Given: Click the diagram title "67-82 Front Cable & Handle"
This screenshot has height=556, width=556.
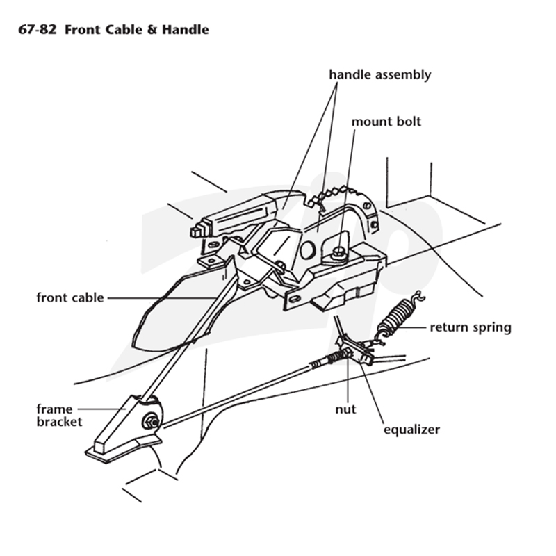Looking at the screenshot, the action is point(113,29).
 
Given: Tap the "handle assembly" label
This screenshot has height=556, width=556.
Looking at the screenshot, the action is point(380,74).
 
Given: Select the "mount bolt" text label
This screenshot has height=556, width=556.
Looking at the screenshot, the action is point(386,122).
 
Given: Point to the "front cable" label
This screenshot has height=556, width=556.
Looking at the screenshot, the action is point(70,297).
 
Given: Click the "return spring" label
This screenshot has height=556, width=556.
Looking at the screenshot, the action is point(471,327).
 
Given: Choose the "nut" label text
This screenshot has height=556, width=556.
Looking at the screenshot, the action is point(345,409).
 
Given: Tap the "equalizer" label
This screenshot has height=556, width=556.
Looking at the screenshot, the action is point(411,430).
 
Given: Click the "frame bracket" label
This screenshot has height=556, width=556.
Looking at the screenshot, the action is point(59,415).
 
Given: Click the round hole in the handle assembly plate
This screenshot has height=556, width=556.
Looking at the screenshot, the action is point(307,250).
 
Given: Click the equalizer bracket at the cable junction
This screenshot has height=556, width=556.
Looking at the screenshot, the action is point(355,350).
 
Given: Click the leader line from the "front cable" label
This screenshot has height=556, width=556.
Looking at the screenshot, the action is point(162,298).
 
